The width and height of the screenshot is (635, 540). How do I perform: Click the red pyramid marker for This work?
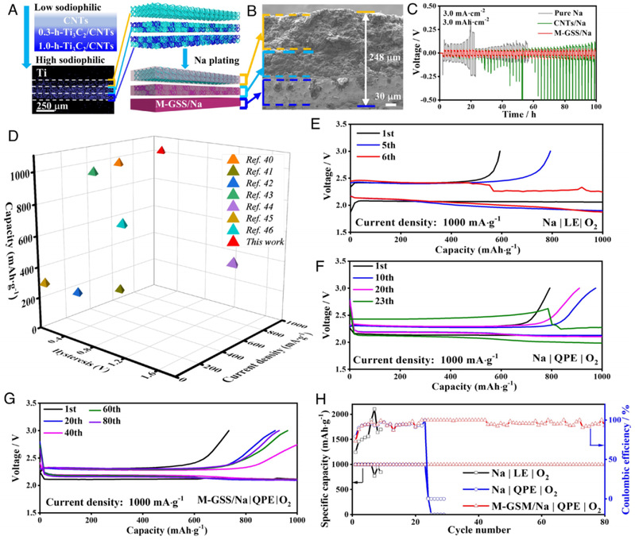(161, 150)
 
